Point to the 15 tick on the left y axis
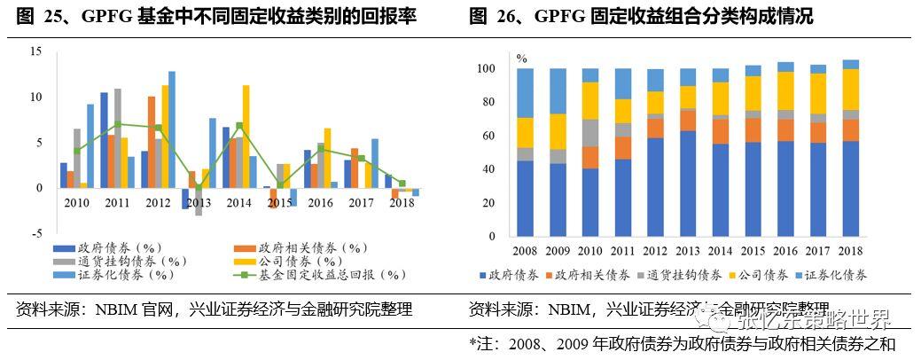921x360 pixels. pyautogui.click(x=35, y=51)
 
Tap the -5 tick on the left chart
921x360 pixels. pyautogui.click(x=35, y=233)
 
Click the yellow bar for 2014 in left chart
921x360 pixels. pyautogui.click(x=246, y=136)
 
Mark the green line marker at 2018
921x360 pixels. pyautogui.click(x=402, y=184)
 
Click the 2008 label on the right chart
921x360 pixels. pyautogui.click(x=527, y=251)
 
